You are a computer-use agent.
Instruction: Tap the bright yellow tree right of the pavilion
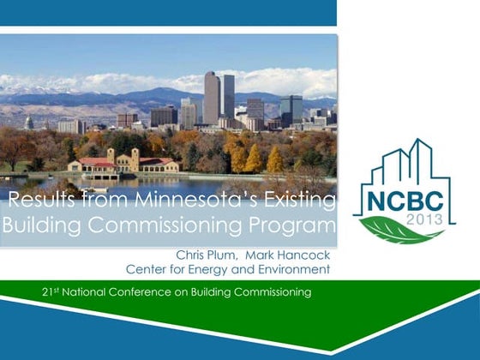point(254,159)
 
